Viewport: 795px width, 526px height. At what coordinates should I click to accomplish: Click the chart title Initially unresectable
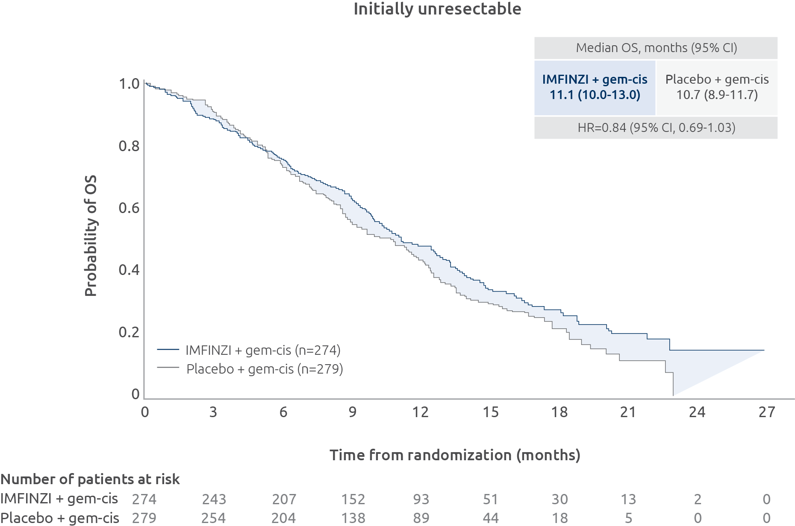[x=437, y=9]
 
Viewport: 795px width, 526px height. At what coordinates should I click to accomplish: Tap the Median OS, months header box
[x=656, y=48]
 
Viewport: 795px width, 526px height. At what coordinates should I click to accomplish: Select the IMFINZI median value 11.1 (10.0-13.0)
[x=595, y=95]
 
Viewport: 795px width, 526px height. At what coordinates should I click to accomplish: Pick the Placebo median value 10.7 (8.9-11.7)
[x=717, y=95]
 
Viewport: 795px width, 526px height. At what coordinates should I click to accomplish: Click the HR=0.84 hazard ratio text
[x=656, y=128]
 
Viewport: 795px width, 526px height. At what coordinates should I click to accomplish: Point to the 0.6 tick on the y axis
[x=129, y=208]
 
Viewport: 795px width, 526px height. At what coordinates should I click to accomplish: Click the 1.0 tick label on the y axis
[x=129, y=84]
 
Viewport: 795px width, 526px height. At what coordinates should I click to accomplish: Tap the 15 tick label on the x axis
[x=490, y=412]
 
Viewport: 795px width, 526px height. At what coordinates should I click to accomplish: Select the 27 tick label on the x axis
[x=766, y=412]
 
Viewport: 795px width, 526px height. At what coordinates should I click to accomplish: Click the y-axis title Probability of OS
[x=91, y=235]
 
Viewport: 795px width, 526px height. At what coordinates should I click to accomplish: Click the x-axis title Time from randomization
[x=455, y=455]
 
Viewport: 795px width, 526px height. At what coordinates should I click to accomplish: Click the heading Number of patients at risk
[x=90, y=479]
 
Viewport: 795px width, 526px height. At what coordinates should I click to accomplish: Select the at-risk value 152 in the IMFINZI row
[x=353, y=499]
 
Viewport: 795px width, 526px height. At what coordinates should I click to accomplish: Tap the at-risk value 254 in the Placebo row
[x=213, y=518]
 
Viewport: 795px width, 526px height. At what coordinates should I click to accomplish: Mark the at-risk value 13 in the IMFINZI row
[x=628, y=499]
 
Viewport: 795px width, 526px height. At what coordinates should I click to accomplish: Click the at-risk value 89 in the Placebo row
[x=421, y=518]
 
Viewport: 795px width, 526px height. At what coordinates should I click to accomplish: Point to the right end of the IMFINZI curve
[x=763, y=350]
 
